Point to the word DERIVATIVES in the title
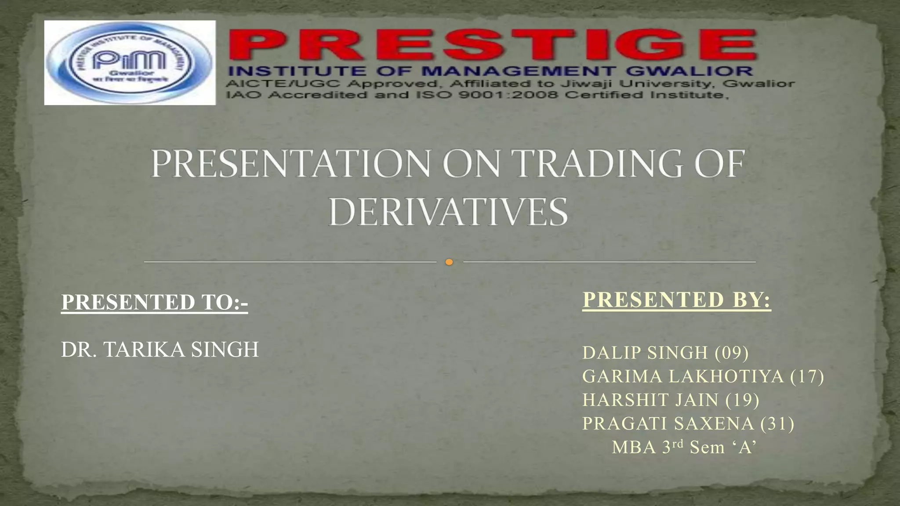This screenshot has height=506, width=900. pos(448,213)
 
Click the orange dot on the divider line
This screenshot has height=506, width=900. pos(449,262)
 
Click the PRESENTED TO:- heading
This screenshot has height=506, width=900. pos(154,302)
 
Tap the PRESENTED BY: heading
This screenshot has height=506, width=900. pos(676,300)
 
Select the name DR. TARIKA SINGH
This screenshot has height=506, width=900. pos(160,350)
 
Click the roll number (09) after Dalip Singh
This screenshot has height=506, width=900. pos(732,353)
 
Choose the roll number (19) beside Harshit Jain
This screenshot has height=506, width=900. pos(742,400)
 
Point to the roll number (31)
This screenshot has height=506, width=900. pos(777,424)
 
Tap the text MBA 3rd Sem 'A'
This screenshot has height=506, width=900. pos(684,447)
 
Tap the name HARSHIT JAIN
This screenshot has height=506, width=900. pos(651,400)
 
